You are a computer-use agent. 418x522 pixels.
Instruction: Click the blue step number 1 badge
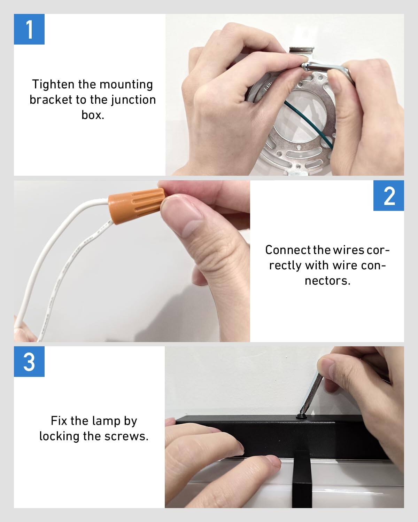(x=29, y=29)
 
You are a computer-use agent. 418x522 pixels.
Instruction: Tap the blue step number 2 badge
(x=389, y=196)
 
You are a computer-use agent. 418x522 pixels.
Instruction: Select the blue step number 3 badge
(x=29, y=362)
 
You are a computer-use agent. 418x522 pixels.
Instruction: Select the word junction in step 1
(x=133, y=100)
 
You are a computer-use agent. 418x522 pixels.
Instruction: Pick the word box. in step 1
(x=93, y=115)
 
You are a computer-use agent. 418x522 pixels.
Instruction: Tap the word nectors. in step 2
(x=327, y=280)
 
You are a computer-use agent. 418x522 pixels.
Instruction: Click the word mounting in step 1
(x=126, y=85)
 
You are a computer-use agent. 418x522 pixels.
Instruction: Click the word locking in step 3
(x=59, y=436)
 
